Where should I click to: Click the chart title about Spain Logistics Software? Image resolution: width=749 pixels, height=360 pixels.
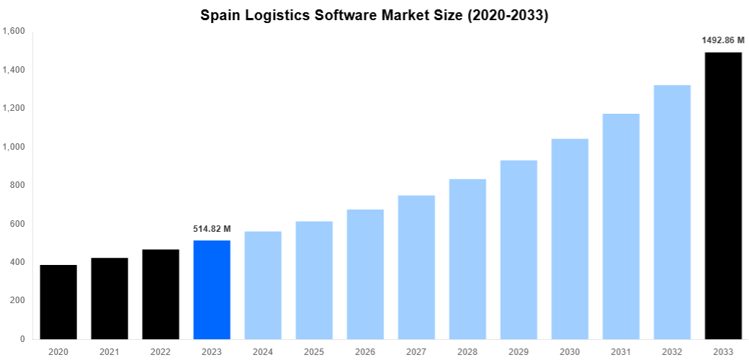click(x=374, y=15)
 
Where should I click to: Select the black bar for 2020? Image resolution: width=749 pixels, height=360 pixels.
click(x=58, y=302)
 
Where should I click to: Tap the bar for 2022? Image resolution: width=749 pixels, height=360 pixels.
click(x=161, y=294)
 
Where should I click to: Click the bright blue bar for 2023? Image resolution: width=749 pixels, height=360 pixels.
click(x=212, y=289)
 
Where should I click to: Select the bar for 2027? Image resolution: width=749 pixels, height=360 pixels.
click(x=416, y=267)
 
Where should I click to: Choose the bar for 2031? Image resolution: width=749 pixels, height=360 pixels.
click(x=621, y=226)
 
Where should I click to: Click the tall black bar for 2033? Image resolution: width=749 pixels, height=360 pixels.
click(x=723, y=195)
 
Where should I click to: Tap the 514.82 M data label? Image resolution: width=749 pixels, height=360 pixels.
click(x=212, y=229)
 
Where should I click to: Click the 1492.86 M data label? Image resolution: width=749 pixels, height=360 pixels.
click(x=723, y=40)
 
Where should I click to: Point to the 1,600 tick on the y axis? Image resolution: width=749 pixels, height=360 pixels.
click(x=14, y=32)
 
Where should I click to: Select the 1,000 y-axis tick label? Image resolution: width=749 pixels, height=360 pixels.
click(x=14, y=147)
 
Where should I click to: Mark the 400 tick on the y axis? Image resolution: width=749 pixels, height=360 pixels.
click(x=17, y=262)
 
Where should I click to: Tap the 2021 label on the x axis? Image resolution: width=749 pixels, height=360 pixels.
click(x=109, y=351)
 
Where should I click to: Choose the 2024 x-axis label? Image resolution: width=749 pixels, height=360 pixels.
click(x=263, y=351)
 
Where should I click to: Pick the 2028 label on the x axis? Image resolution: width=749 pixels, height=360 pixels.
click(x=467, y=351)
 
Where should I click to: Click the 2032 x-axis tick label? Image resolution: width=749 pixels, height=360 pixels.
click(x=672, y=351)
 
